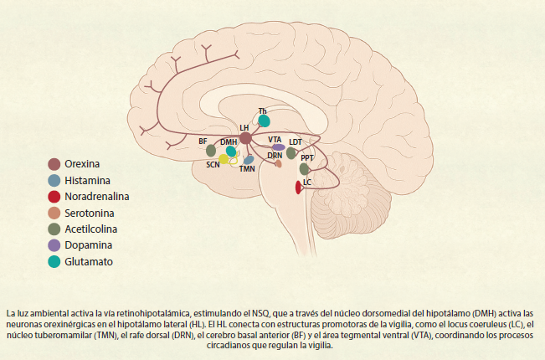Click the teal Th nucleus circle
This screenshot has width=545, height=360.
coord(265,121)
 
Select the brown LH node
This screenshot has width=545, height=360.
coord(245,138)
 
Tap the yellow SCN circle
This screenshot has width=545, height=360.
coord(224,159)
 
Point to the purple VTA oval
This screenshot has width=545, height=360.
coord(278,147)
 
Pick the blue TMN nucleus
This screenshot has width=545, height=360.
coord(249,159)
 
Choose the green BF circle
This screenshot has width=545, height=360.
coord(211,152)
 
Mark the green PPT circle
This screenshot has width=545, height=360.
coord(305,168)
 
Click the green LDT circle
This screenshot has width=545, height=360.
coord(291,152)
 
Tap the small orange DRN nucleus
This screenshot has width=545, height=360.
coord(278,164)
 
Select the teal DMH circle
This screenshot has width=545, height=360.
coord(231,152)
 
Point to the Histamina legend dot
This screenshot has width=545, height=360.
coord(54,180)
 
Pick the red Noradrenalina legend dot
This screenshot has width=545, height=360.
coord(54,197)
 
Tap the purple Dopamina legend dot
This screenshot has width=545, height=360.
coord(54,245)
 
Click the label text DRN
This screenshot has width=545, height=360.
coord(275,156)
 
